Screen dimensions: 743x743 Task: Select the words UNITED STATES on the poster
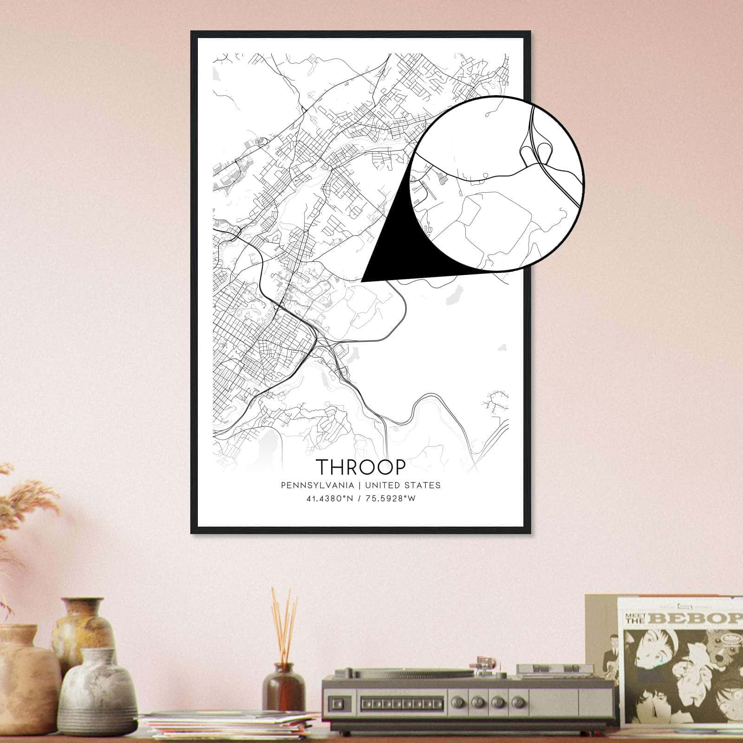(403, 485)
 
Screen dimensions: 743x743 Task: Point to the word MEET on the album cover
(634, 615)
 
